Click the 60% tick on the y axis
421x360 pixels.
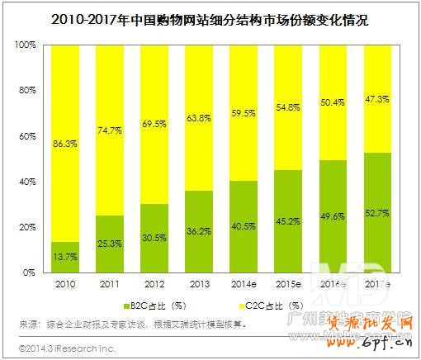31,135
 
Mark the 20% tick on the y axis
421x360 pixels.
31,227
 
